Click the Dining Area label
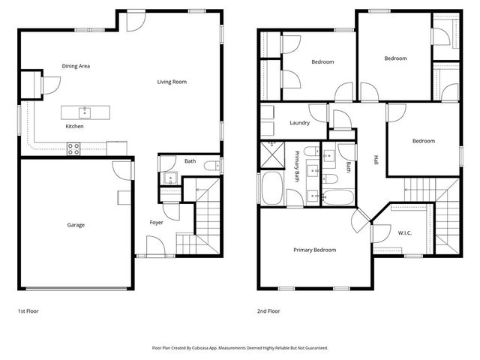pyautogui.click(x=76, y=66)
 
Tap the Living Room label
pyautogui.click(x=172, y=82)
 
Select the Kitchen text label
pyautogui.click(x=74, y=127)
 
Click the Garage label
pyautogui.click(x=76, y=225)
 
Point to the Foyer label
pyautogui.click(x=156, y=222)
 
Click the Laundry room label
pyautogui.click(x=299, y=123)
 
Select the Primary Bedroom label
pyautogui.click(x=314, y=250)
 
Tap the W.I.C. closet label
pyautogui.click(x=403, y=232)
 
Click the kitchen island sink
pyautogui.click(x=85, y=112)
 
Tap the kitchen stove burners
pyautogui.click(x=74, y=150)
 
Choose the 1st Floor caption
pyautogui.click(x=28, y=310)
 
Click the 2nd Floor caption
pyautogui.click(x=268, y=310)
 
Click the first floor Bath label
pyautogui.click(x=190, y=161)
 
